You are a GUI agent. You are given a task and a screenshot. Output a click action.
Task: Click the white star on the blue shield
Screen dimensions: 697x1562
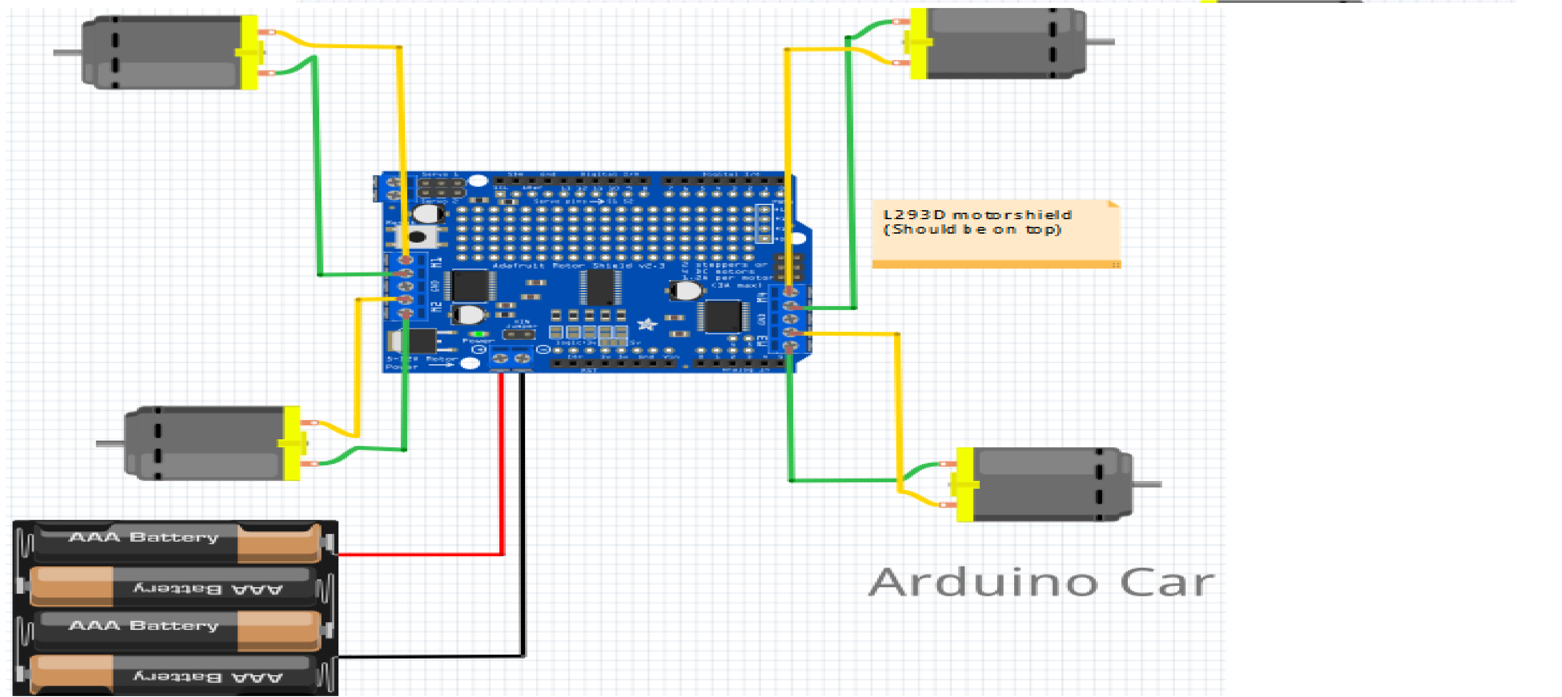click(647, 324)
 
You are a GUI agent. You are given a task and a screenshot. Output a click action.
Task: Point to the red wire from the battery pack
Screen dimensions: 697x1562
click(502, 473)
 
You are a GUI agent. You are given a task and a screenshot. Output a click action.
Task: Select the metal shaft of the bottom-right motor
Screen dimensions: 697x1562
click(1147, 484)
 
